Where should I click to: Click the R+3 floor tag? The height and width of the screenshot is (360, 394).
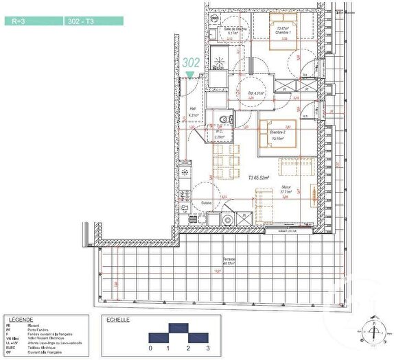coord(19,21)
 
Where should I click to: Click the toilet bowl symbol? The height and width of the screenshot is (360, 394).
coord(224,121)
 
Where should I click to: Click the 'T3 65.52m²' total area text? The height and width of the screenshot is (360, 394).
coord(260,177)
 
